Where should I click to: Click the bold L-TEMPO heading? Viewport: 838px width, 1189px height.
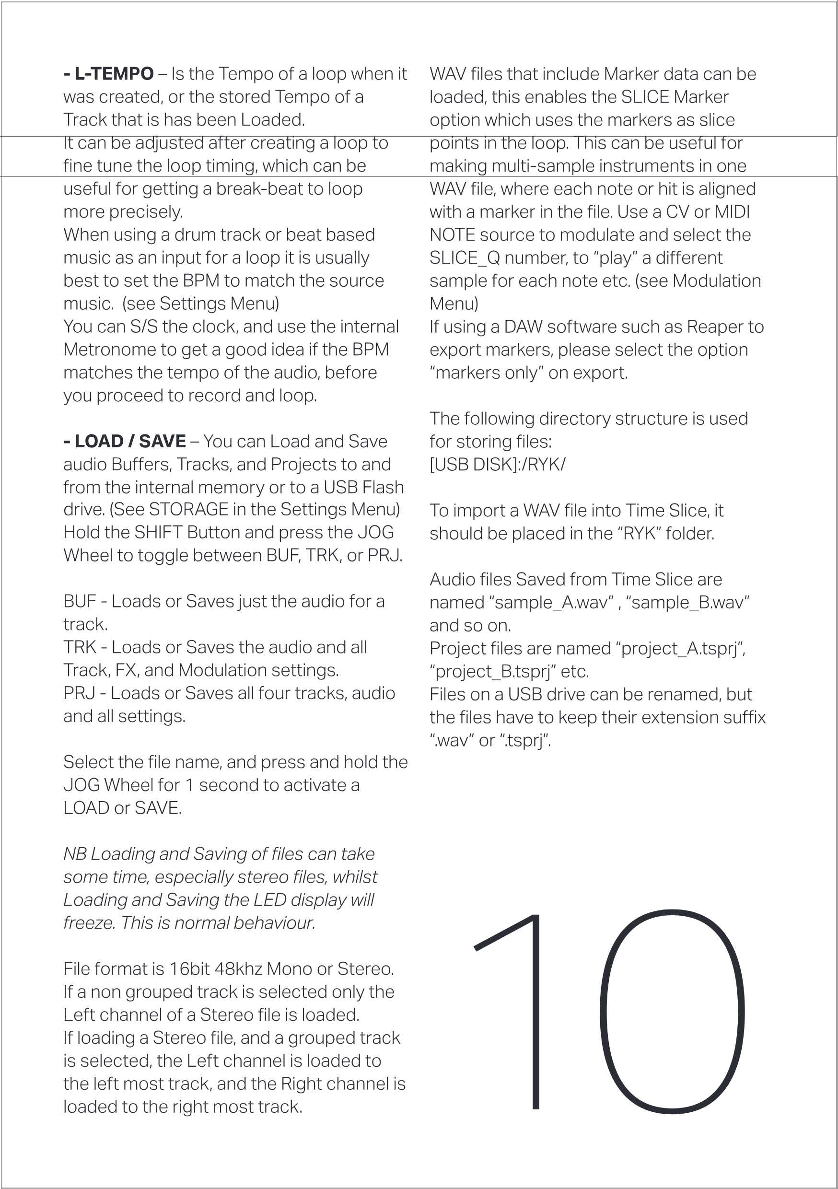click(109, 74)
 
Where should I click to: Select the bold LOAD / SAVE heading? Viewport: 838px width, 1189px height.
click(125, 441)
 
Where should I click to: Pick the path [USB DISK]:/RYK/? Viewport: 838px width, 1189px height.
click(497, 464)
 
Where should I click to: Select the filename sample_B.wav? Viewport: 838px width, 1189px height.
click(688, 603)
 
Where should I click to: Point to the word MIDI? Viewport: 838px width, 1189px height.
click(732, 212)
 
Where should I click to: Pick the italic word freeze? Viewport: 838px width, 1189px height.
click(89, 923)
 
